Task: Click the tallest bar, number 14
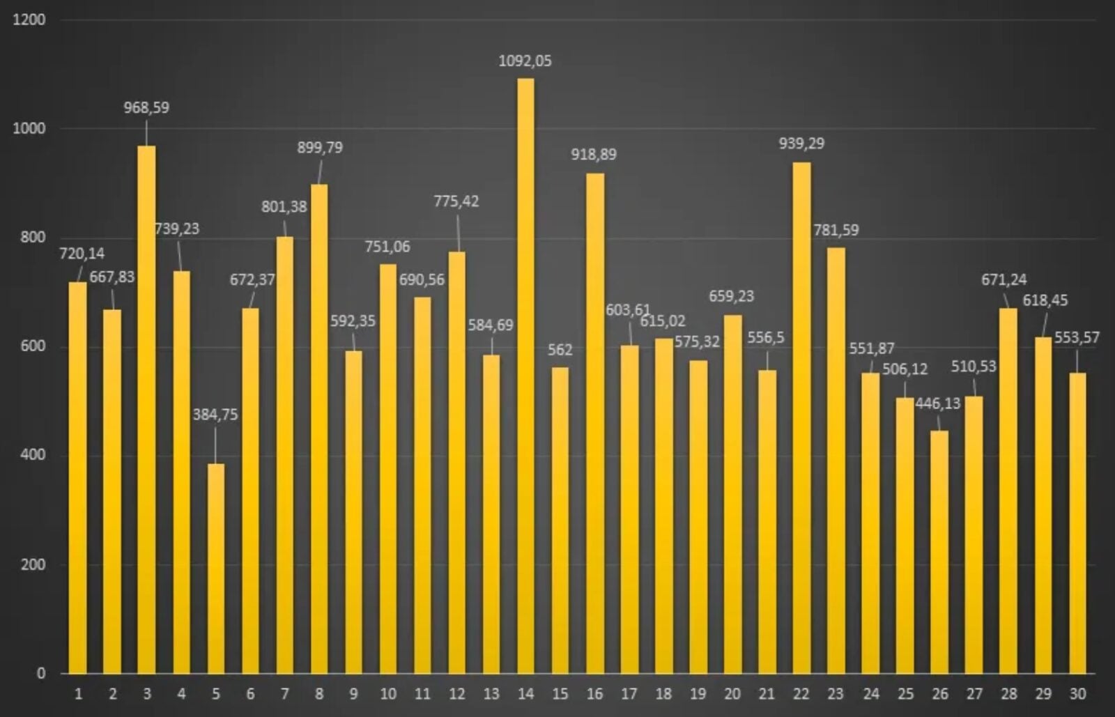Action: coord(525,376)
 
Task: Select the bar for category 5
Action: coord(215,568)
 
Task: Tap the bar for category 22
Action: coord(801,418)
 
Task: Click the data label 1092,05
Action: coord(525,61)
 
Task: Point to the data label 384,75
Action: coord(215,415)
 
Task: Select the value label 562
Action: coord(560,350)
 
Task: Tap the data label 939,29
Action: coord(801,144)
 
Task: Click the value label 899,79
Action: coord(320,148)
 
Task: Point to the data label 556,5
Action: coord(766,338)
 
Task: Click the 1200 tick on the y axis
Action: coord(29,20)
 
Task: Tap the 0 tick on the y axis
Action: coord(41,673)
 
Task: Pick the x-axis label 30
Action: coord(1077,694)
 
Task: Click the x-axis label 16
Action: coord(594,694)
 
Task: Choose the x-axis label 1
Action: coord(78,694)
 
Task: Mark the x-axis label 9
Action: coord(353,694)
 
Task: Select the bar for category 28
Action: coord(1008,491)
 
